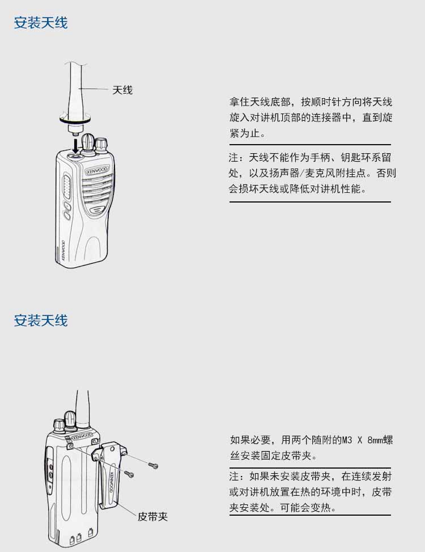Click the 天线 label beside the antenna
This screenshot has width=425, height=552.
click(122, 90)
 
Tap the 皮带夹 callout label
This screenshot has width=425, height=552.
click(152, 516)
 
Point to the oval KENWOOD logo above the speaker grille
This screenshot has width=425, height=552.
click(97, 170)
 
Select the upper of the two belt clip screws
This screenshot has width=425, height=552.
click(153, 466)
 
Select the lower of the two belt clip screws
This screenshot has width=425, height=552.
click(129, 474)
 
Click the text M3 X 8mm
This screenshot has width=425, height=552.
click(352, 440)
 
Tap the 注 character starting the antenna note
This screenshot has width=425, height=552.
click(233, 157)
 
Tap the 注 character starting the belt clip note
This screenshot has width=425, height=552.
click(234, 477)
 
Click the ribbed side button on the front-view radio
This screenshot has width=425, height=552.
click(66, 186)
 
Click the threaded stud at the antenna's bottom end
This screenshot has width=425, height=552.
click(75, 134)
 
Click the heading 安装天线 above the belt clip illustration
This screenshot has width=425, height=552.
click(41, 321)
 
